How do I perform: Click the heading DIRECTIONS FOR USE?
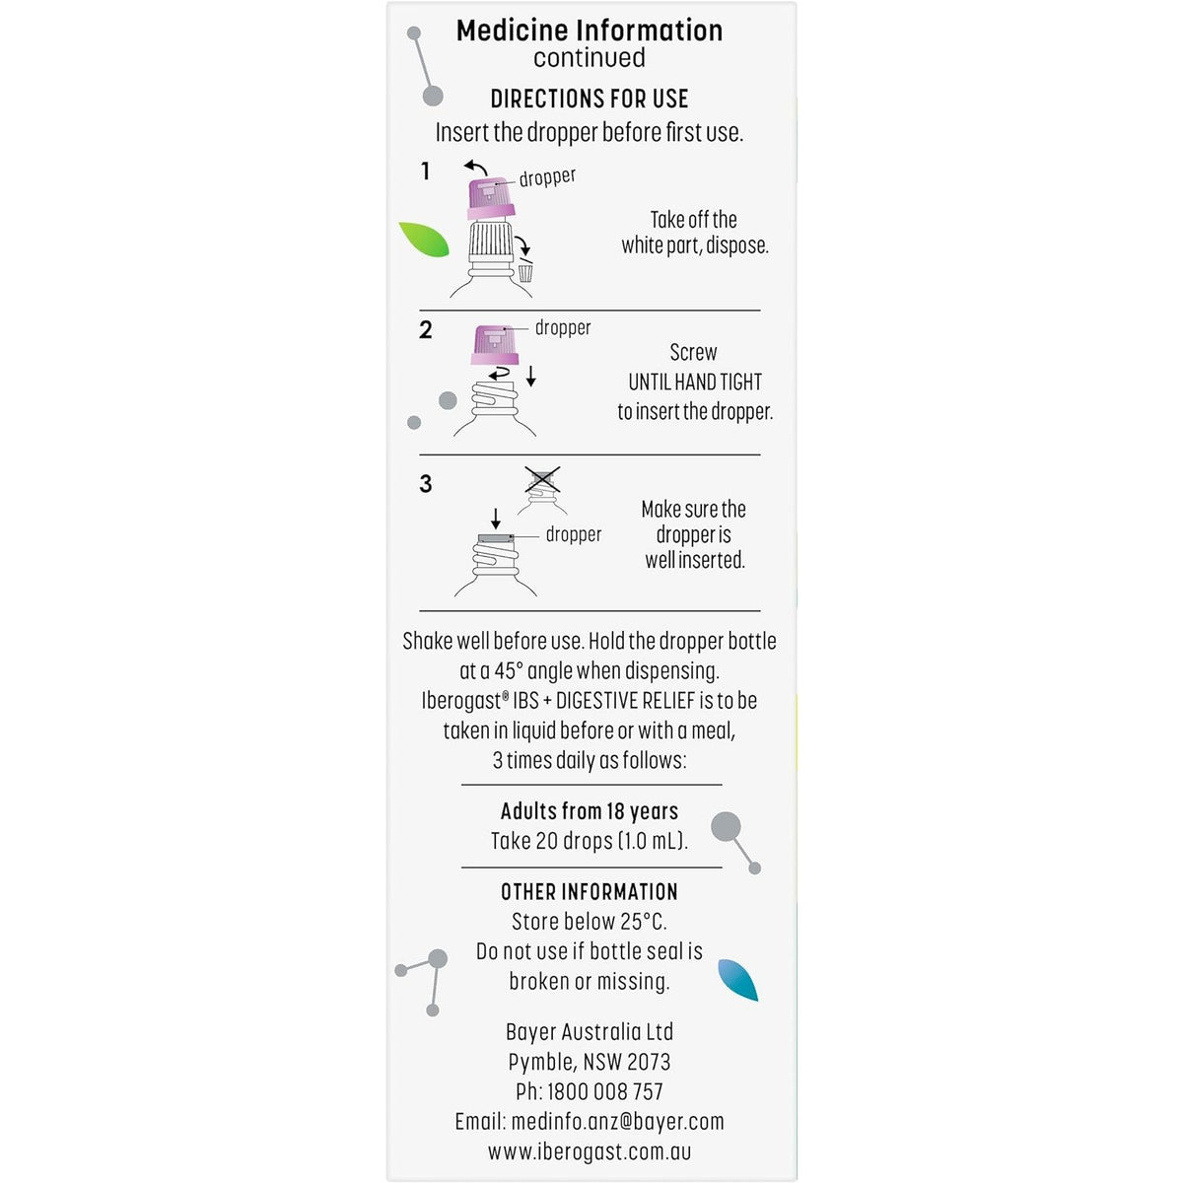click(x=589, y=99)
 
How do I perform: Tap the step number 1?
click(x=425, y=172)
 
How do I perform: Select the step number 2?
click(x=425, y=330)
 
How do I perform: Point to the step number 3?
click(x=425, y=484)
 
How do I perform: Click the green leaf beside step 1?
click(x=424, y=239)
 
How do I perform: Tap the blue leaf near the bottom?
click(x=738, y=980)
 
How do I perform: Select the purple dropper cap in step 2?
click(x=495, y=345)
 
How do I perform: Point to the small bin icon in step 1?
click(x=525, y=272)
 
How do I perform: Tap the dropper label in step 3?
click(x=573, y=535)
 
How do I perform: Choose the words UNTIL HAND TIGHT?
click(x=695, y=383)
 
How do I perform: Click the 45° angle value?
click(x=508, y=671)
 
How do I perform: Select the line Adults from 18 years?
click(x=589, y=811)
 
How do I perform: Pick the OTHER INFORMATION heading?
click(x=589, y=892)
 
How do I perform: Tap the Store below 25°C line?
click(x=589, y=922)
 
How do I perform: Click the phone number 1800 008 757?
click(x=604, y=1092)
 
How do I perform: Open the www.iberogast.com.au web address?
click(x=589, y=1151)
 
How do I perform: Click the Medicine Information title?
click(x=589, y=31)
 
